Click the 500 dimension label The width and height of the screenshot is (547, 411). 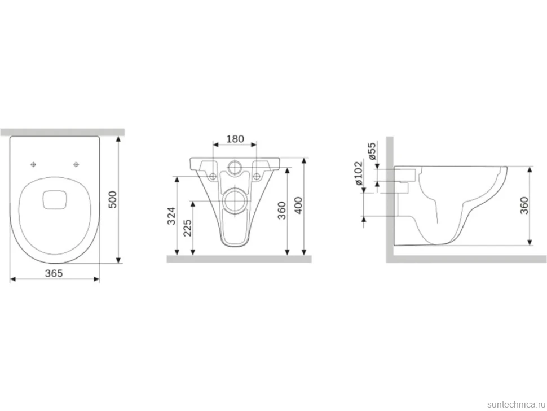tap(113, 199)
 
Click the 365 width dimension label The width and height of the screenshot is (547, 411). tap(54, 273)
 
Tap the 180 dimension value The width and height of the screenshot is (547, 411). tap(235, 139)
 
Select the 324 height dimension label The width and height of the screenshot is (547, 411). tap(171, 216)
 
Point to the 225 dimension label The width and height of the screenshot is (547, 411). tap(187, 228)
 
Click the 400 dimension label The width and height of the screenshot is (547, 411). tap(299, 206)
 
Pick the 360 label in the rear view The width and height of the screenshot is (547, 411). tap(281, 211)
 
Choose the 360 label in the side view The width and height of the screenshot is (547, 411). tap(524, 205)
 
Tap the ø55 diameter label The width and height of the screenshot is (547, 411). tap(372, 151)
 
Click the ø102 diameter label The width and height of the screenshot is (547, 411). tap(358, 173)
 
